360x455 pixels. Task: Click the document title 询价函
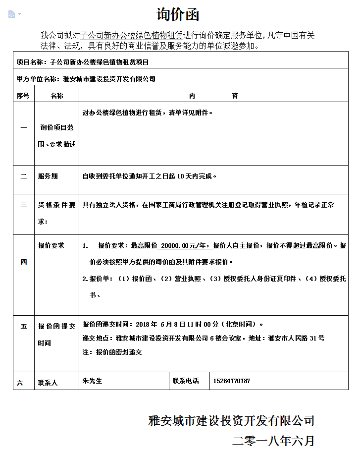(178, 14)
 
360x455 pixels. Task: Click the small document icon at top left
(12, 14)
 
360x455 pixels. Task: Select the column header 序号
(23, 96)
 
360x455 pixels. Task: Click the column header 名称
(57, 96)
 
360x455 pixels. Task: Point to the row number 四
(23, 262)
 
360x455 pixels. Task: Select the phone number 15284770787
(231, 381)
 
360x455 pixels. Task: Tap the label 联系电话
(186, 381)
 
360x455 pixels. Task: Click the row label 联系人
(48, 383)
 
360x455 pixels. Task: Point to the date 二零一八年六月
(273, 441)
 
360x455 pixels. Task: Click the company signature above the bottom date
(231, 421)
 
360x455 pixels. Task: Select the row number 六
(20, 383)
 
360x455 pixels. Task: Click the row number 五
(23, 327)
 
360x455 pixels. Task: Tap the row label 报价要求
(51, 245)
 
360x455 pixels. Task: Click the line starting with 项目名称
(83, 62)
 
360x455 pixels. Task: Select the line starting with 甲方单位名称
(86, 78)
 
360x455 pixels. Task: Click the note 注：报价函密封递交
(112, 352)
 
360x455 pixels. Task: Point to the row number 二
(23, 176)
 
